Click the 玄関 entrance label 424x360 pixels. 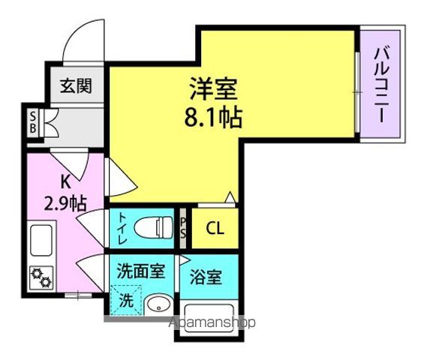coord(76,85)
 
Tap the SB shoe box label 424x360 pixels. coord(33,123)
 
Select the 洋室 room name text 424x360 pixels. coord(213,88)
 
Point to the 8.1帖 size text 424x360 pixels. coord(213,118)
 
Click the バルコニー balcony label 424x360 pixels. coord(382,85)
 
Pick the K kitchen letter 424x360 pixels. coord(66,181)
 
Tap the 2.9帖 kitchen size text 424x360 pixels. coord(65,203)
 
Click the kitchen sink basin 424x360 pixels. coord(41,240)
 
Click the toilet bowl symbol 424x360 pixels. coord(154,227)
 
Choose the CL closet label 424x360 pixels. coord(215,229)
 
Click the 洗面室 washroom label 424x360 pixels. coord(141,271)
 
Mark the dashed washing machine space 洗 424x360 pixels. coord(126,300)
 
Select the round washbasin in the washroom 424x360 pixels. coord(158,306)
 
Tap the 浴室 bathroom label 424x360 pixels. coord(206,277)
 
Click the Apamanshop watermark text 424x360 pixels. coord(212,322)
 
